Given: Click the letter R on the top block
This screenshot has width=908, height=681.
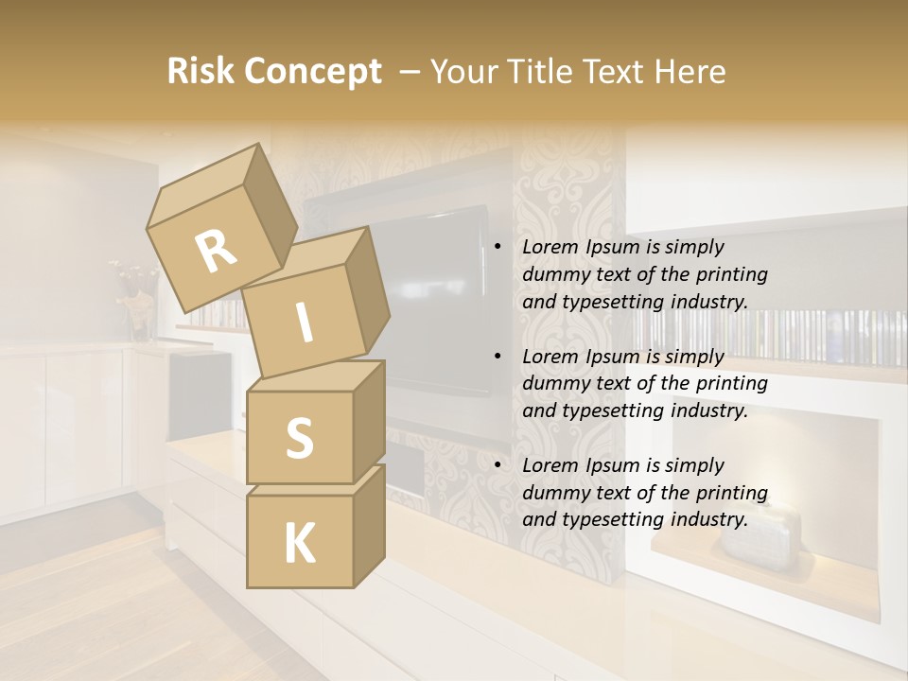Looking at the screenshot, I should pyautogui.click(x=216, y=252).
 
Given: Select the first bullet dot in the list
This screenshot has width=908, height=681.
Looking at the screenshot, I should pyautogui.click(x=498, y=248).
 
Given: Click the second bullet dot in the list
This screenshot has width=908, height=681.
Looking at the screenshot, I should pyautogui.click(x=498, y=357).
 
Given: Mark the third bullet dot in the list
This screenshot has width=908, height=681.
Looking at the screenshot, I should pyautogui.click(x=498, y=465).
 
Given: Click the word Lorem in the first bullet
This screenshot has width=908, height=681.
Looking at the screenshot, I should pyautogui.click(x=550, y=248).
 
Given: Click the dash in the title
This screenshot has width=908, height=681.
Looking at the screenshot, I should pyautogui.click(x=410, y=72).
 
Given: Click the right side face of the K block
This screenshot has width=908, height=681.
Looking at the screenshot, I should pyautogui.click(x=369, y=525).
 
